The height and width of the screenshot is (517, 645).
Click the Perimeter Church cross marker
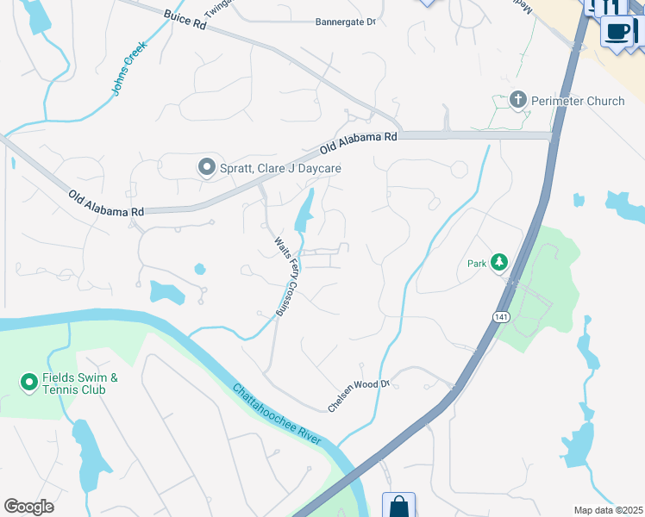click(518, 101)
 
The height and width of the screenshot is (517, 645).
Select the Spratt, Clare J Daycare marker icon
click(206, 167)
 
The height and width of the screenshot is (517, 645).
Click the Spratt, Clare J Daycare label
click(280, 168)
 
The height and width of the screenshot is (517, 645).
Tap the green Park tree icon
click(498, 262)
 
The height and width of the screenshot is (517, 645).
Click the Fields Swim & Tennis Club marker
click(28, 380)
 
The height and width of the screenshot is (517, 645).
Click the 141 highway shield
click(502, 317)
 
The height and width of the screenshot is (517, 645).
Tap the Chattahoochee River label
click(276, 414)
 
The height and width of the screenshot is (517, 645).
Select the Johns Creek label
click(129, 68)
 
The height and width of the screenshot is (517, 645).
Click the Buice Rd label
click(186, 21)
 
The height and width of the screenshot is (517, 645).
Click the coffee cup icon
click(618, 31)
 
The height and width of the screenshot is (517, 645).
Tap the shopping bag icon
click(399, 507)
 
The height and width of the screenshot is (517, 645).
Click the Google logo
click(29, 507)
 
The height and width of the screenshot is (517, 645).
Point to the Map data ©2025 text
click(608, 510)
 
